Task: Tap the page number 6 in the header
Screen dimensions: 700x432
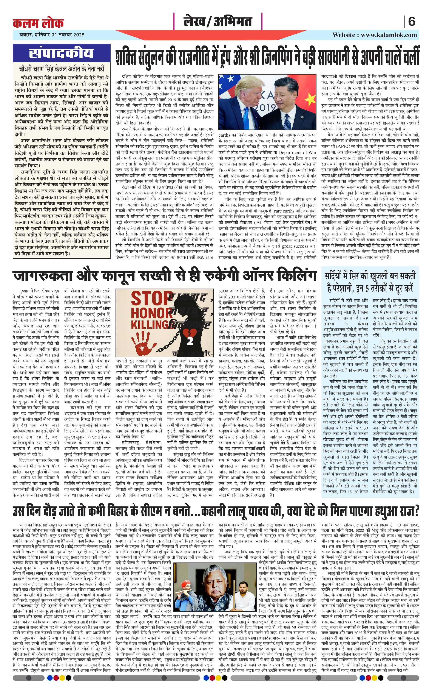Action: [x=411, y=22]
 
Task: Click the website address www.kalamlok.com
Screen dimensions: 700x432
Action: [x=389, y=35]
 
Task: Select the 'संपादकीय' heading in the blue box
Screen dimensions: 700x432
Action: [x=61, y=53]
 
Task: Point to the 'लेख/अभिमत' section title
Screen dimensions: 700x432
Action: [x=218, y=22]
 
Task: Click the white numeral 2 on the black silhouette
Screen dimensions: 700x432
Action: [x=191, y=341]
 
